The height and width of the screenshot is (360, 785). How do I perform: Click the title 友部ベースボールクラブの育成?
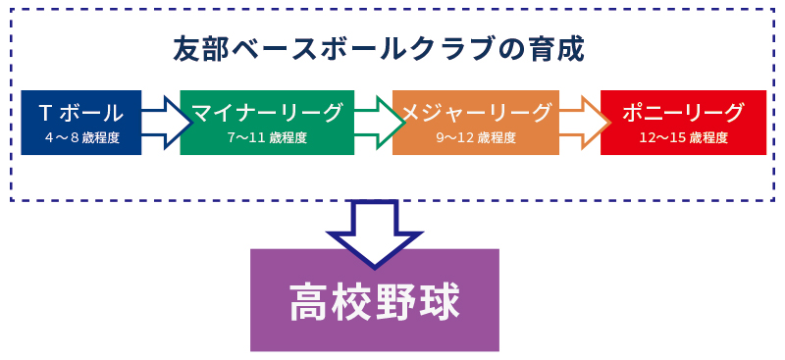pyautogui.click(x=378, y=49)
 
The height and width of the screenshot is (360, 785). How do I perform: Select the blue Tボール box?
pyautogui.click(x=80, y=122)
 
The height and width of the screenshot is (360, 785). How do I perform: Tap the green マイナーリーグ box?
pyautogui.click(x=267, y=122)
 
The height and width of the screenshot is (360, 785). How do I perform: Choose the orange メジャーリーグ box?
pyautogui.click(x=475, y=122)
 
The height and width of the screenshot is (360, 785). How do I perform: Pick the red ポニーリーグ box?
pyautogui.click(x=683, y=122)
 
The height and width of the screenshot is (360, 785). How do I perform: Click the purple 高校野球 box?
pyautogui.click(x=374, y=300)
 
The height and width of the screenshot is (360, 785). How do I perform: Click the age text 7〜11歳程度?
pyautogui.click(x=267, y=138)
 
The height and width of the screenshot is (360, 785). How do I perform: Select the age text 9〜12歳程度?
pyautogui.click(x=475, y=138)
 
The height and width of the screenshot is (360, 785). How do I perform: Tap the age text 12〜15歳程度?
pyautogui.click(x=683, y=138)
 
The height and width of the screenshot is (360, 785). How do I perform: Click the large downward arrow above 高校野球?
pyautogui.click(x=374, y=231)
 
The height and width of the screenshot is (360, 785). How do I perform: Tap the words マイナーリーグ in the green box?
pyautogui.click(x=267, y=112)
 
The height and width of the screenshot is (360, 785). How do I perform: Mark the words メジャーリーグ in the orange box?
pyautogui.click(x=475, y=112)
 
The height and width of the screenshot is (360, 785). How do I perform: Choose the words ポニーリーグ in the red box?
pyautogui.click(x=683, y=112)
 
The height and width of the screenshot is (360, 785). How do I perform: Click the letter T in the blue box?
pyautogui.click(x=45, y=112)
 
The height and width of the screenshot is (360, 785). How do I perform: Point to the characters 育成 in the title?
pyautogui.click(x=556, y=49)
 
